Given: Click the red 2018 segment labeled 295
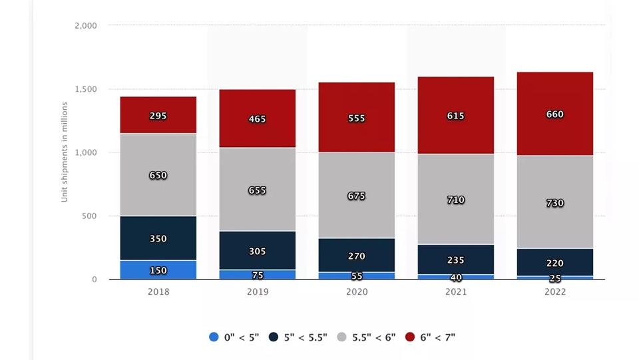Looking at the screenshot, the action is click(x=158, y=115).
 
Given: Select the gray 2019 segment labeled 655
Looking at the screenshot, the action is click(x=257, y=190).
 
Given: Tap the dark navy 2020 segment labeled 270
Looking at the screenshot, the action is click(x=357, y=255).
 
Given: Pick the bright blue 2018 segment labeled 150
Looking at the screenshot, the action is click(x=158, y=270).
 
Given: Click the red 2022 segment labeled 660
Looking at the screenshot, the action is click(x=555, y=114).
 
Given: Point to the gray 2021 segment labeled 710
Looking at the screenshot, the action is click(x=455, y=199).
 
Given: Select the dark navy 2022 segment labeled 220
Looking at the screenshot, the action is click(x=555, y=262).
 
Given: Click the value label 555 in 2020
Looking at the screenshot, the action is click(x=357, y=118).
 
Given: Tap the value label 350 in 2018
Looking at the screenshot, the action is click(x=158, y=239).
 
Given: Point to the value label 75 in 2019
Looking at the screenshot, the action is click(x=257, y=275).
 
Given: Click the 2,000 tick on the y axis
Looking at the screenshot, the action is click(x=86, y=26).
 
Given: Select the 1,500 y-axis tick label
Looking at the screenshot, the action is click(x=86, y=89).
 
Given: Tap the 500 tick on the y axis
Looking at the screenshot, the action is click(x=89, y=216).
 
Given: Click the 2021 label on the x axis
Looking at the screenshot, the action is click(x=455, y=291).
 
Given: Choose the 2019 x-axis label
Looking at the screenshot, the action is click(x=257, y=291).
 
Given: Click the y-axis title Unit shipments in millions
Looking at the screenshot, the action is click(x=65, y=152).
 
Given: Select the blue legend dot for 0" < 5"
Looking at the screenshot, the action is click(x=214, y=337).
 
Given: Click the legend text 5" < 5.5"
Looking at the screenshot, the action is click(x=306, y=337).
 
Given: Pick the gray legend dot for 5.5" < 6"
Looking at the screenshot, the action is click(x=342, y=337).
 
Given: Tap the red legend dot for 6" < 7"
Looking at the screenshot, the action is click(x=410, y=337).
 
